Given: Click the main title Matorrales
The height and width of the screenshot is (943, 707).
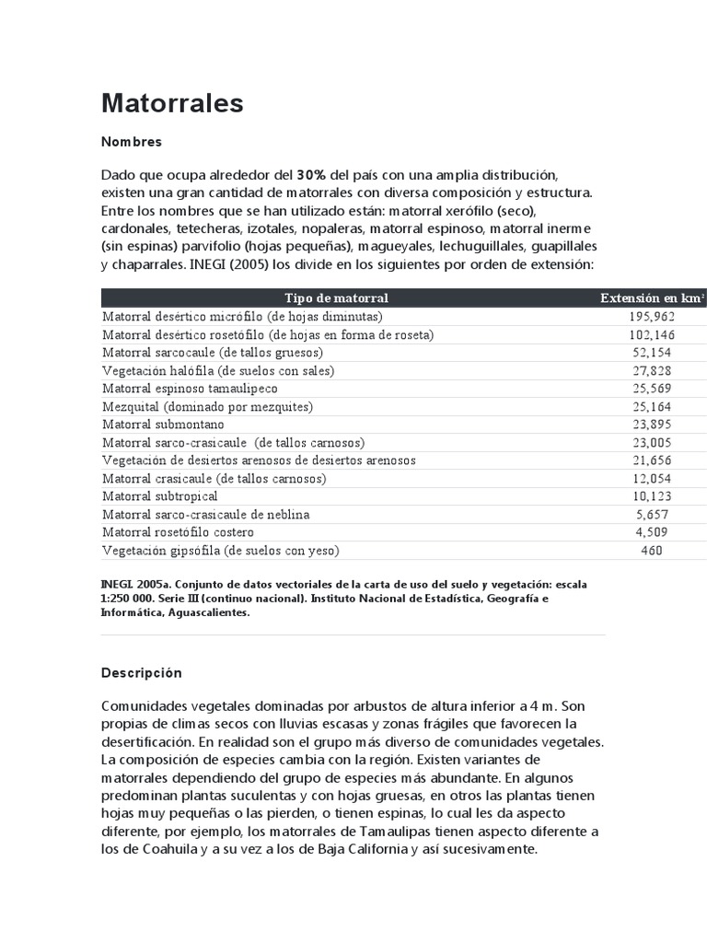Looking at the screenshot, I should (172, 103).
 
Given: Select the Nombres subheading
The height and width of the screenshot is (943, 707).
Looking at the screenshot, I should (132, 142).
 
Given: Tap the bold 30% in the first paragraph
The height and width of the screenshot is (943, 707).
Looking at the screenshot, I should (311, 174).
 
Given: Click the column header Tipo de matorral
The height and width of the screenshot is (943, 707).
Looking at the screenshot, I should (336, 297).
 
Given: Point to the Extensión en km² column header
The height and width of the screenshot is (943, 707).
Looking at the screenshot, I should (652, 297).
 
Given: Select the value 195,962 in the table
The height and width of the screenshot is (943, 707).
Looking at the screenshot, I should (652, 316).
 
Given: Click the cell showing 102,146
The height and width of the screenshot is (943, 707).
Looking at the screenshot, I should (652, 334).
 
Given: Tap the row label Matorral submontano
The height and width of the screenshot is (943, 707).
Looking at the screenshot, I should (163, 425).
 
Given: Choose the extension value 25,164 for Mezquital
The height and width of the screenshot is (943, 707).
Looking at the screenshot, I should (652, 406).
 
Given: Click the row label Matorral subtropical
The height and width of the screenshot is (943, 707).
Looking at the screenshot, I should (160, 496).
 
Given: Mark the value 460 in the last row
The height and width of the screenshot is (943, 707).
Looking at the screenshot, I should (652, 551).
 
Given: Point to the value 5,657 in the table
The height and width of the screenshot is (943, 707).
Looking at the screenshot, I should (652, 515).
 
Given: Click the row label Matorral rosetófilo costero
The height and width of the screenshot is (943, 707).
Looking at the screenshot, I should (178, 532).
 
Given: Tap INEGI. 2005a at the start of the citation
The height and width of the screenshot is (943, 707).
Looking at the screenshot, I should (134, 585).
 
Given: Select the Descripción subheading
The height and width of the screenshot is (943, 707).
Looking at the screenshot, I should (142, 673).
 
